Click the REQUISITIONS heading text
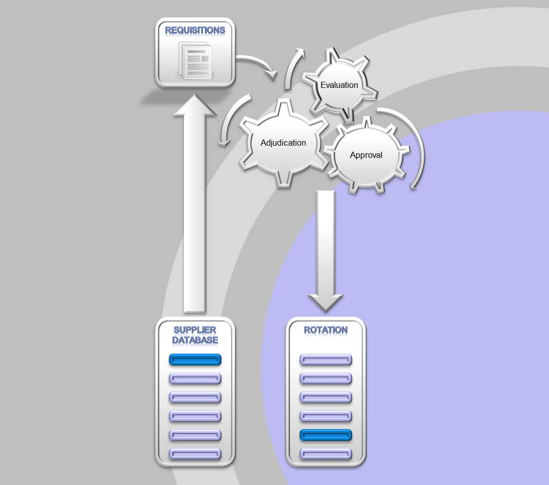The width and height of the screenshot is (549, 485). (x=195, y=30)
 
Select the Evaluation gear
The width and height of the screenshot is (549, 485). (x=339, y=85)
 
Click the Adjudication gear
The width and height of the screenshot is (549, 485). (x=283, y=143)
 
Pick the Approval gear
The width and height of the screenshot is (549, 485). (x=366, y=155)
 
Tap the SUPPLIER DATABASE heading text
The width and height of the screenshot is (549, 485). (x=195, y=335)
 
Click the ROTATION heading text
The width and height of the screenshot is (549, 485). (x=326, y=330)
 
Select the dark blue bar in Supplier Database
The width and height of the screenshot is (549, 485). (x=195, y=360)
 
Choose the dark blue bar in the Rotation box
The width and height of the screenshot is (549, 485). (x=326, y=435)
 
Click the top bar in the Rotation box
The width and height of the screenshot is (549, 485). (x=326, y=360)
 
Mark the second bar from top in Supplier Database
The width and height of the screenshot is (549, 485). (x=195, y=379)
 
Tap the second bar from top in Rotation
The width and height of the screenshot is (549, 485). (x=326, y=379)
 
